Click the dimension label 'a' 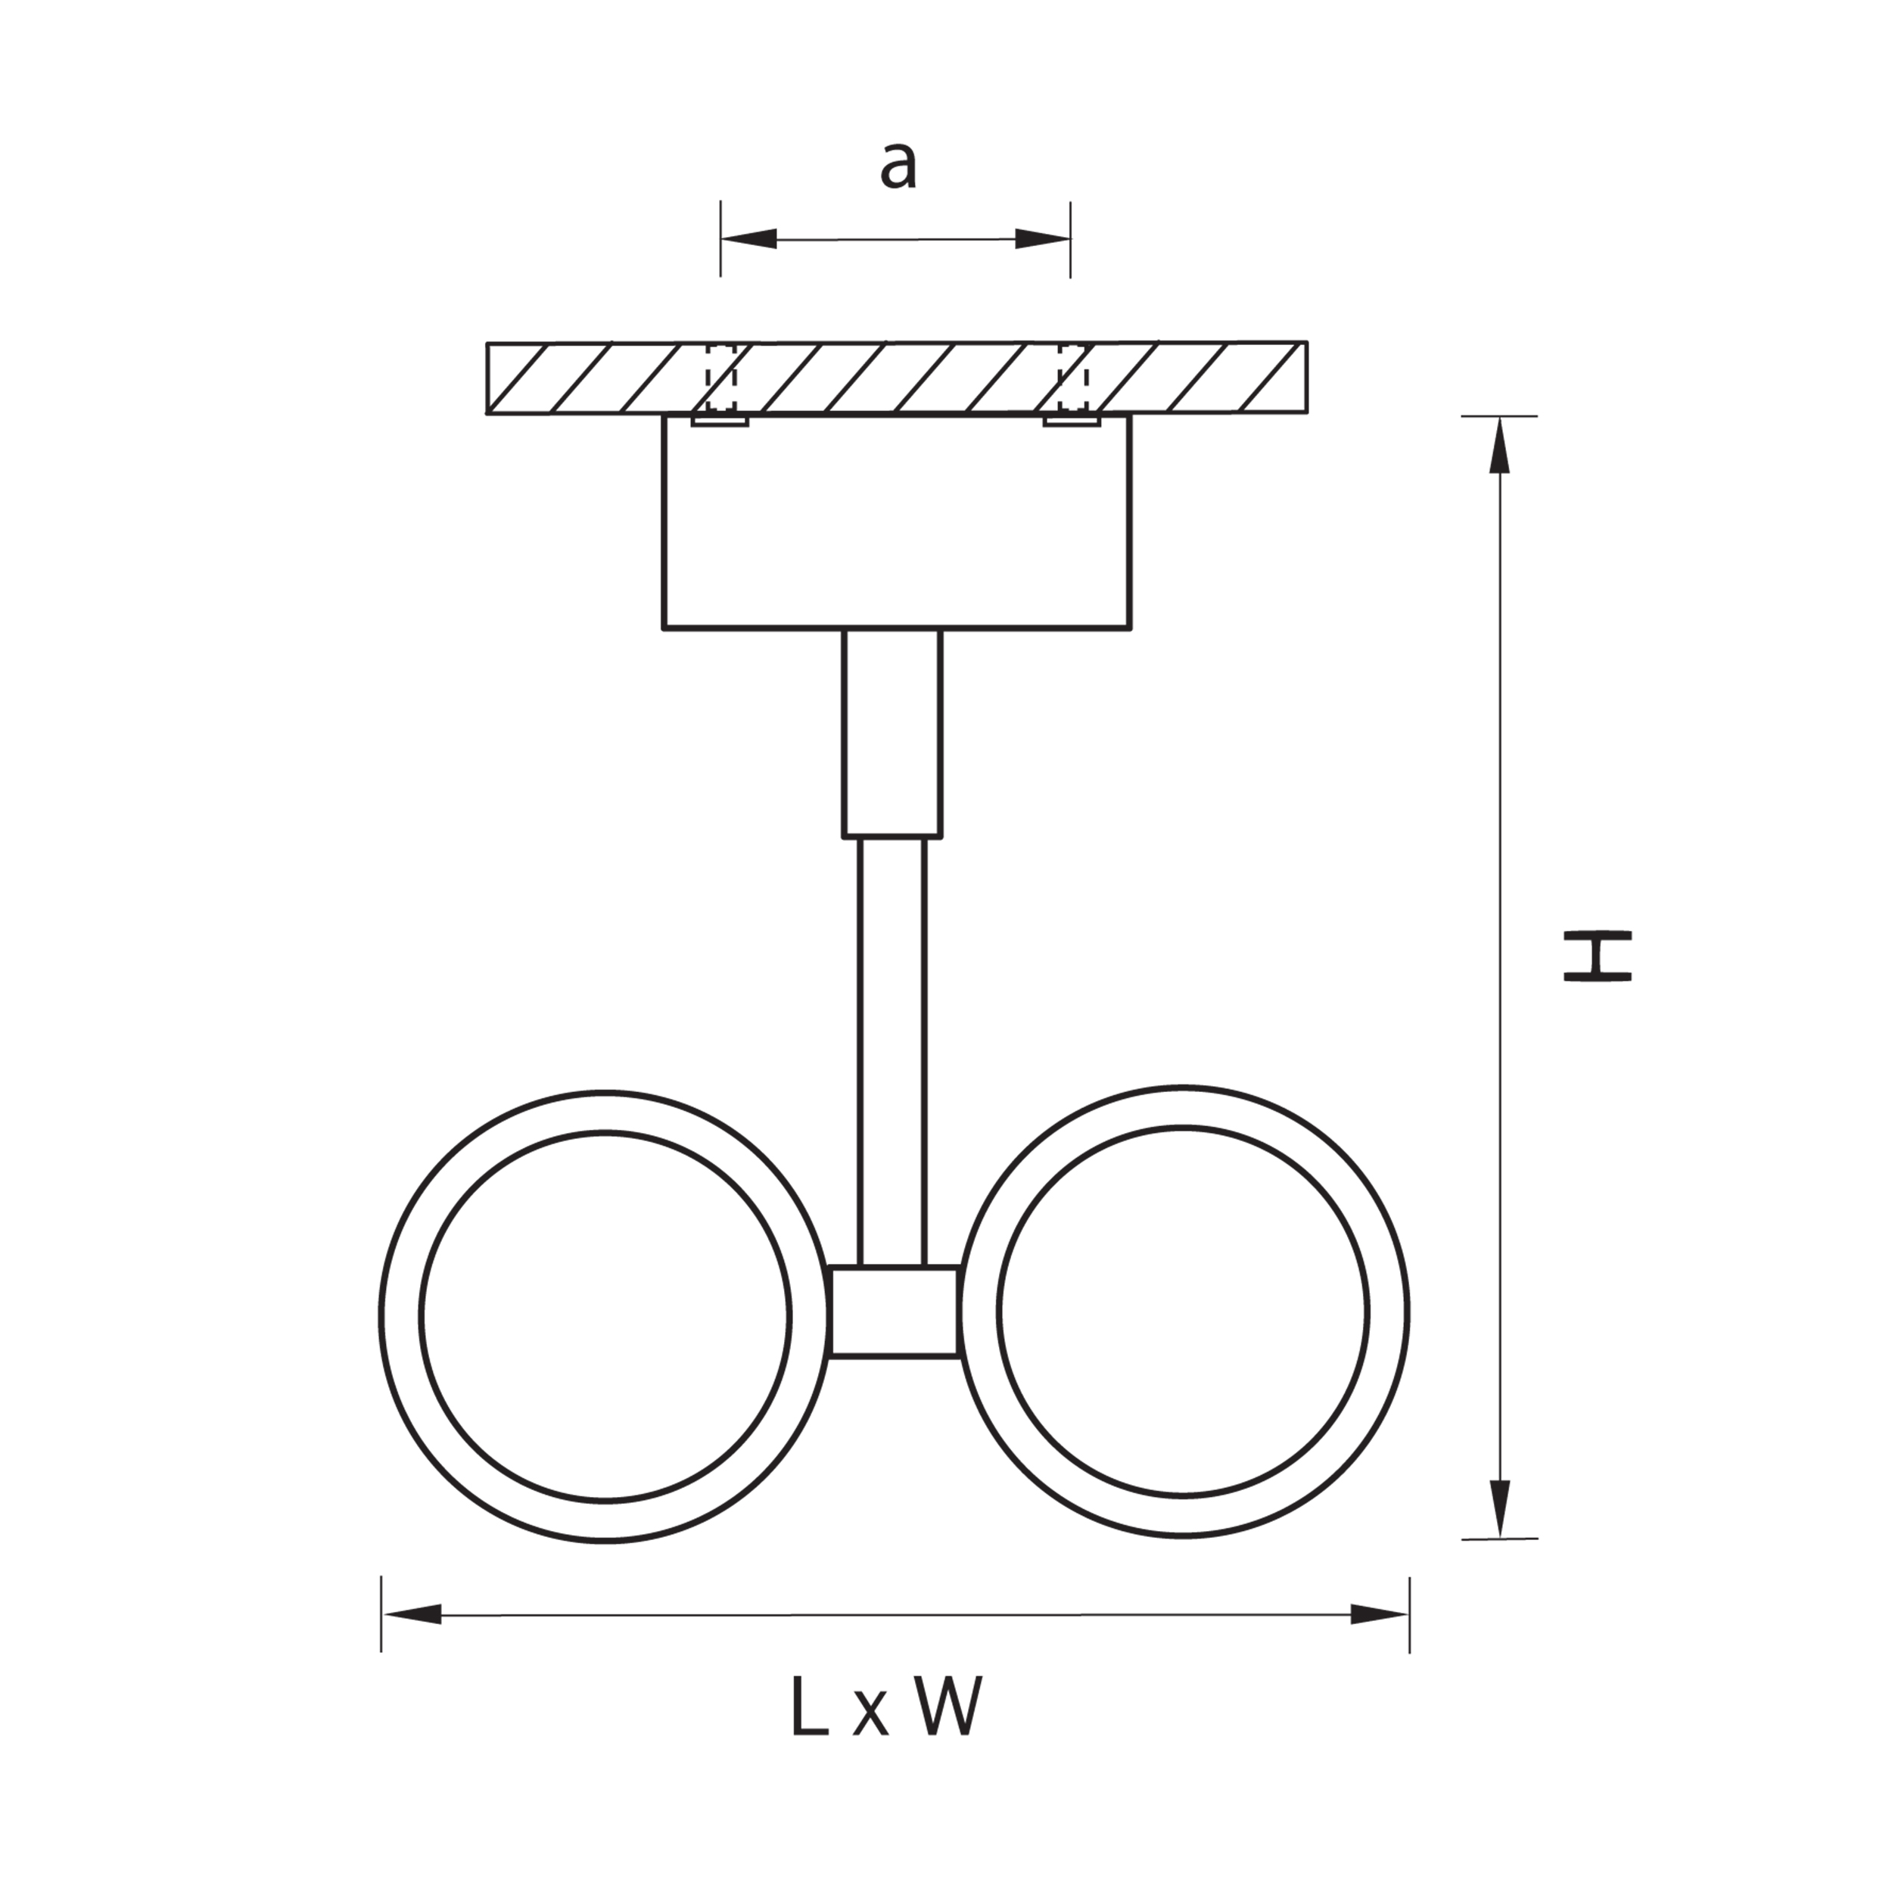898,166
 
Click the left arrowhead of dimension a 749,238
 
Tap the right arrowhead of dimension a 1042,238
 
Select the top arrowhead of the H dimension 1499,446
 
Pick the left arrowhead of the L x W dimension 411,1615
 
